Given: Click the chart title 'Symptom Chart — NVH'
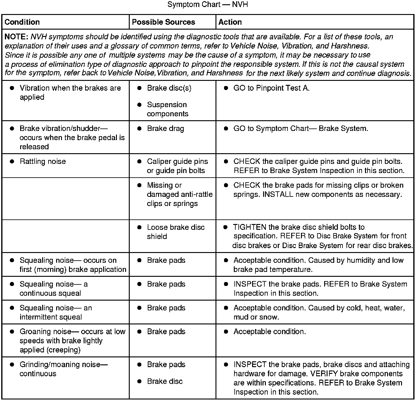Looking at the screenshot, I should (208, 5).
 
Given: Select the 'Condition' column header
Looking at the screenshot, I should (22, 22).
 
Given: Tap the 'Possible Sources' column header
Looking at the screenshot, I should (163, 22).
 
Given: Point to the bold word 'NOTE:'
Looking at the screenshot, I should (16, 37).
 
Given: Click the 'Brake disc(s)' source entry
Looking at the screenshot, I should (169, 88).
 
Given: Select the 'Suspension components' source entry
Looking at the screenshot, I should (167, 109).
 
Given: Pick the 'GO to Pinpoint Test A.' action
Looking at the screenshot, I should (271, 88).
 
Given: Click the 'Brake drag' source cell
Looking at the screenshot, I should (165, 128).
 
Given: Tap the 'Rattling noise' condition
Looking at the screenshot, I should (43, 161).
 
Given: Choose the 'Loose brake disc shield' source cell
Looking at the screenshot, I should (176, 232).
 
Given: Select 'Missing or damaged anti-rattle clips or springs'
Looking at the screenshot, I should (179, 194).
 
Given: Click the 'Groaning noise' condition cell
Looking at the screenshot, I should (72, 341).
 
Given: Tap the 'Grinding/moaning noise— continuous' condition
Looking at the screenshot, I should (63, 369).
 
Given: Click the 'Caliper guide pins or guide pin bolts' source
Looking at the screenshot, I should (177, 166).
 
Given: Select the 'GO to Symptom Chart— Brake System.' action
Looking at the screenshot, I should (301, 128).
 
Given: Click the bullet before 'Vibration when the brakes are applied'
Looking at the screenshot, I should (12, 88).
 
